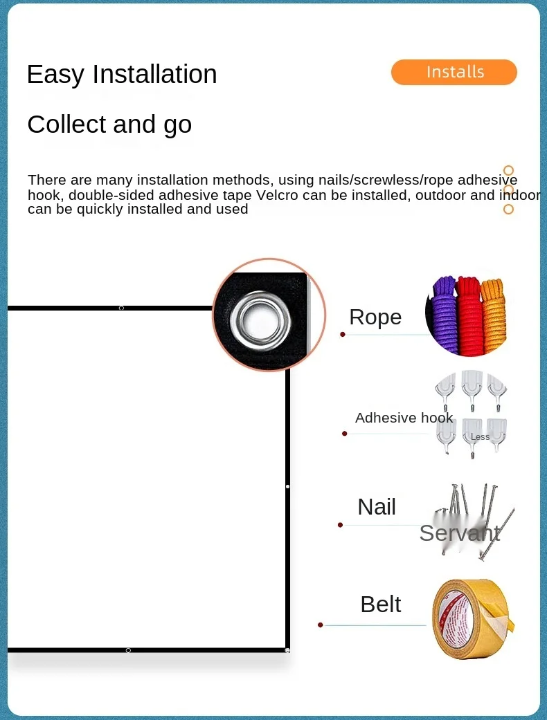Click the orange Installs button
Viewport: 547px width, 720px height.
(454, 73)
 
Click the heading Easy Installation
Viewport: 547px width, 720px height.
(122, 75)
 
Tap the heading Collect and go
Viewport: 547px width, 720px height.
(109, 124)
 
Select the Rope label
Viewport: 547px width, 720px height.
(375, 317)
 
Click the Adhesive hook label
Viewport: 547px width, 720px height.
(404, 418)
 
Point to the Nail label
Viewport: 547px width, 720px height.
(377, 507)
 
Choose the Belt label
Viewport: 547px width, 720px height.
(381, 604)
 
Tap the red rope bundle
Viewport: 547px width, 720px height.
(469, 315)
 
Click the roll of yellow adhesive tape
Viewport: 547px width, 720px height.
(472, 618)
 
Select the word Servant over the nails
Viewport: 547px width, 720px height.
(459, 533)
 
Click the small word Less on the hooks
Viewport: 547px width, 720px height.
(480, 437)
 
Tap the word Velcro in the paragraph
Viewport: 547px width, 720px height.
(277, 195)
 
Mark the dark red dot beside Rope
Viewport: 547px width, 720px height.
(343, 334)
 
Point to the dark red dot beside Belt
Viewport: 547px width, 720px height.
(321, 625)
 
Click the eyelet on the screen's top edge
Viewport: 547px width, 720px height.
(121, 308)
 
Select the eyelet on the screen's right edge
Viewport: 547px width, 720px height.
(287, 487)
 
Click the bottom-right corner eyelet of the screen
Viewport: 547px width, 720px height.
(287, 650)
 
